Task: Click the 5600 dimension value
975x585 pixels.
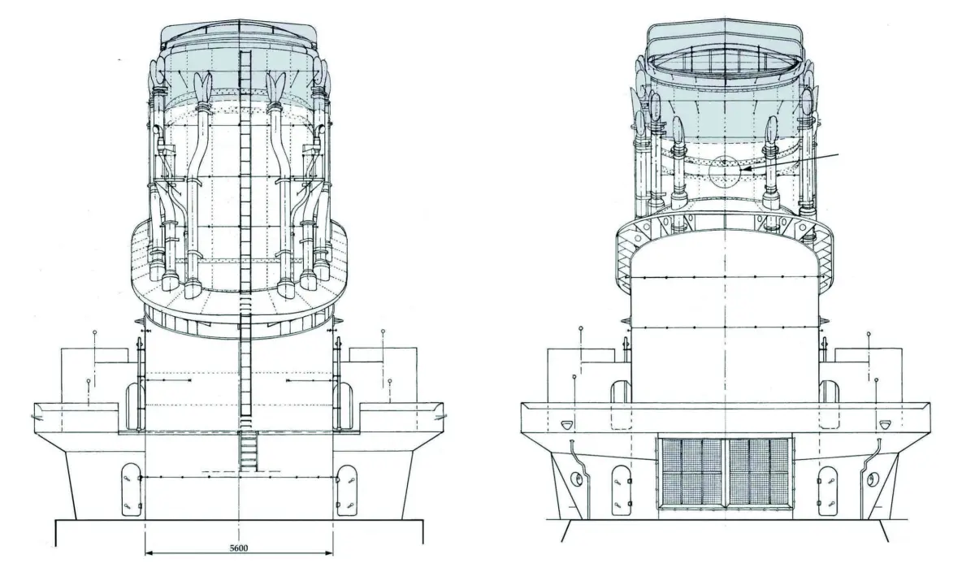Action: [239, 548]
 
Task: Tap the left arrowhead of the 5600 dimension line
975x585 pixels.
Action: [149, 553]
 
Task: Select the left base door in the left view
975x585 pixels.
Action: [131, 491]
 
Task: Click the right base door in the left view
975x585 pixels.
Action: [347, 491]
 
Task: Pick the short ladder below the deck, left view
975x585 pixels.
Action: [248, 452]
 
